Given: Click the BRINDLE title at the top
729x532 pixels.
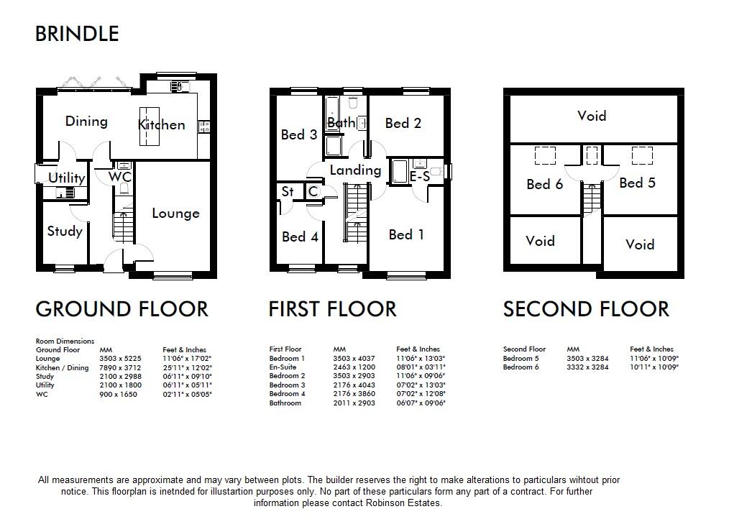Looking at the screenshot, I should pos(77,34).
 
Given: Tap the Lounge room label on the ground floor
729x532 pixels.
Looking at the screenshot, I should pos(175,214).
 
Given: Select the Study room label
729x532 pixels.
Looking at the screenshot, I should pos(65,231).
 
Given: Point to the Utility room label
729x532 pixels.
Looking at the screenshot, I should pos(66,178).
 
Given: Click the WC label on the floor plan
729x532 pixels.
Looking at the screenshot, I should pos(120,177).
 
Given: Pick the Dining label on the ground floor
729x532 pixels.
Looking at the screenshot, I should pos(86,121).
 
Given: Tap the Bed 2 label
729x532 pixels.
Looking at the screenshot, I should pos(403,123).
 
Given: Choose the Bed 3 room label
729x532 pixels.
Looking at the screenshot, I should pos(298,134).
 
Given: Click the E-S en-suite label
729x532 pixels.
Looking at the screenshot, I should pos(420,176).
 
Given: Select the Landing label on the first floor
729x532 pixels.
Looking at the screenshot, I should pos(355,170).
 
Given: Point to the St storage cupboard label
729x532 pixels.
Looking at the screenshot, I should pos(288,191).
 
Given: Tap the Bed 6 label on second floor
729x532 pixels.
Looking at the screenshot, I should pos(544,184).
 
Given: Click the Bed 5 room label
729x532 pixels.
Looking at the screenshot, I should pos(637,183).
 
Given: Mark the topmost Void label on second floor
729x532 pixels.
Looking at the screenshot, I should pos(592,116).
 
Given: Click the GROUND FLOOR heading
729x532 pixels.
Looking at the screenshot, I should pos(121,309).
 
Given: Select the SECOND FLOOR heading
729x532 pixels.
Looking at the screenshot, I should pos(586,309).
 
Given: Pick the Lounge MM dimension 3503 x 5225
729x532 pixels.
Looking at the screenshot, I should pos(120,359).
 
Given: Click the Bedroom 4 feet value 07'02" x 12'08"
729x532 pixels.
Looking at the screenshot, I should pos(421,394).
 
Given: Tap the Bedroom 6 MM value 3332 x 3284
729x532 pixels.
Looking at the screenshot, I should pos(587,367).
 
